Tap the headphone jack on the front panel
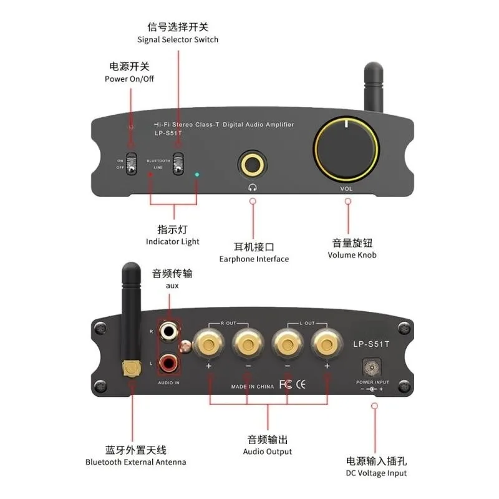[253, 164]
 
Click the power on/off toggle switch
[131, 163]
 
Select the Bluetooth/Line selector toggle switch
[178, 163]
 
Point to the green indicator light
[198, 175]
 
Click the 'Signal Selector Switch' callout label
[178, 40]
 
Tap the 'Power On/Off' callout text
[129, 79]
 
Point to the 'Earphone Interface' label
[254, 259]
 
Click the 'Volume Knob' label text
[352, 254]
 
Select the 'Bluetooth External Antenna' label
[135, 462]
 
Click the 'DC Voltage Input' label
[376, 473]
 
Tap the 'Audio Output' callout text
[268, 452]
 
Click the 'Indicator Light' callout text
[173, 241]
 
